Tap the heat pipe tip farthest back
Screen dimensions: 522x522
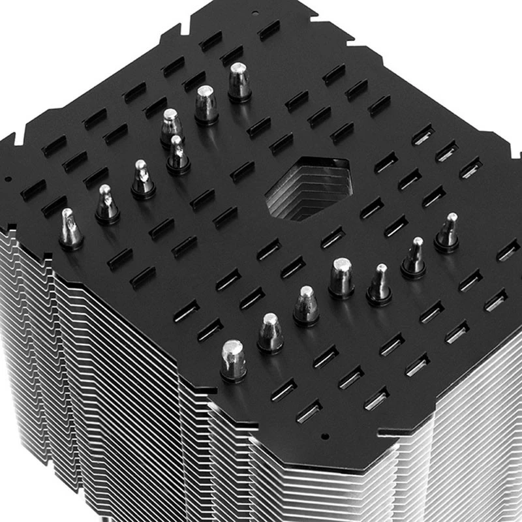point(239,81)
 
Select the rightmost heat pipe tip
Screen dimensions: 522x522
point(448,232)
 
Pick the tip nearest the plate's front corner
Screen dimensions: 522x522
point(234,359)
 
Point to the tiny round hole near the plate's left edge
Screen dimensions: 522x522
point(7,178)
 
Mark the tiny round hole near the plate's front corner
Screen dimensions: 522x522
point(324,435)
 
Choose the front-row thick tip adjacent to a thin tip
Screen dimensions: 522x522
point(341,277)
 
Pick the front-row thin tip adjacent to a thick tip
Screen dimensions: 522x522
point(379,284)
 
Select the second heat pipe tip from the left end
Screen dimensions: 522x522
point(106,204)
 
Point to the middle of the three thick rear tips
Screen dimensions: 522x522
point(206,104)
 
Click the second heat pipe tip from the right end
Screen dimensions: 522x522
point(414,257)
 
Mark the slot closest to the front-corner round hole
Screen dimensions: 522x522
point(309,411)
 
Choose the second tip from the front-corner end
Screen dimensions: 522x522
point(270,332)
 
